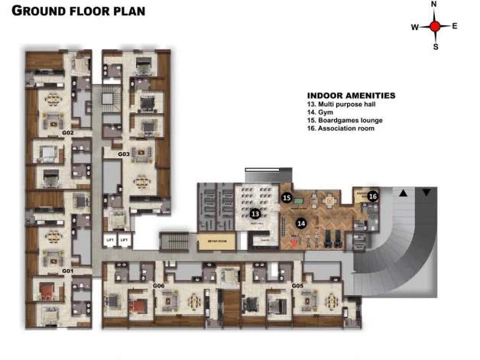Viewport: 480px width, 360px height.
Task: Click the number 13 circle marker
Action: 255,213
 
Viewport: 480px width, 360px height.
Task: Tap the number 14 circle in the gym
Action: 301,222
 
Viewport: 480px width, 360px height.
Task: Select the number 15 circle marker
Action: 287,197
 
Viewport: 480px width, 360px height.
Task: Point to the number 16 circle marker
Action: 372,196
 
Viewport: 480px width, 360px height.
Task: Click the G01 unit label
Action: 67,271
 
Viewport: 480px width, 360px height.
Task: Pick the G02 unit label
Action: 67,133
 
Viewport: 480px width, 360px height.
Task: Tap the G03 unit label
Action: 123,154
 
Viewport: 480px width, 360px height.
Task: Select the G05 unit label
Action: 297,286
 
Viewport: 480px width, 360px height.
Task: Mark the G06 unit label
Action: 159,286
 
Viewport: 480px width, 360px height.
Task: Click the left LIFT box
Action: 109,240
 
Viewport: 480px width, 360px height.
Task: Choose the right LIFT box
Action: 124,240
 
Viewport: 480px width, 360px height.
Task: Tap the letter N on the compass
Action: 434,5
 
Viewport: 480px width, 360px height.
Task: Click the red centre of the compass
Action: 435,27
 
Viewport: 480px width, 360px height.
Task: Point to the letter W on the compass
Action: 415,28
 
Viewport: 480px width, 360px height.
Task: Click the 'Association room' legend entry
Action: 341,128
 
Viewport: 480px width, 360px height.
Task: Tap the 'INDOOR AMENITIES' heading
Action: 351,96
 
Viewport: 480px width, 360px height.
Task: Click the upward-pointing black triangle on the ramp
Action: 403,193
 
